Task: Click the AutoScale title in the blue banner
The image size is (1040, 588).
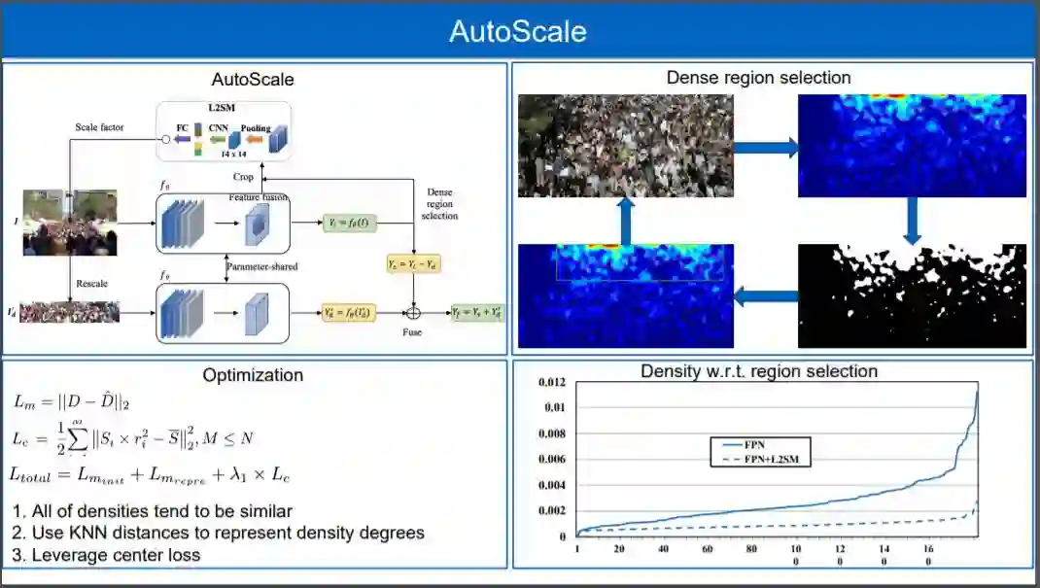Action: tap(517, 31)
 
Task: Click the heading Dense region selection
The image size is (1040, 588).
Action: tap(758, 78)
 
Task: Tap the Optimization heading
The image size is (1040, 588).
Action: tap(253, 375)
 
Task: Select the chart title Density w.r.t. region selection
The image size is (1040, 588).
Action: tap(759, 371)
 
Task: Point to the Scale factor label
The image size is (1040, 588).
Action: tap(99, 127)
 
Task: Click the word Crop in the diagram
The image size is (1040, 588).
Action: tap(244, 177)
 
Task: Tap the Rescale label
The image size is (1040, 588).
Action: tap(93, 284)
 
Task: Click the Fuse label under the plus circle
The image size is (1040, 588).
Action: tap(413, 332)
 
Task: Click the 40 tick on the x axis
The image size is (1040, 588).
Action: tap(663, 549)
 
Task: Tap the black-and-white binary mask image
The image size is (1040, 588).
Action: tap(912, 295)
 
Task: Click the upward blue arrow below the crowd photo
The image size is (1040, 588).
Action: tap(625, 222)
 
